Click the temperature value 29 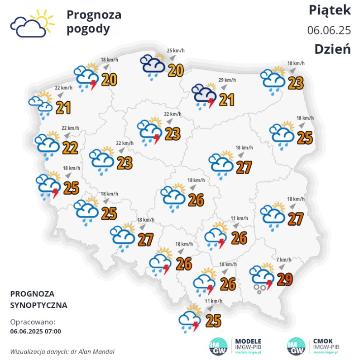(284, 280)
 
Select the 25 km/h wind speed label (176, 51)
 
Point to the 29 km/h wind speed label (228, 80)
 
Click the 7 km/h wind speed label (284, 260)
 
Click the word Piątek (329, 10)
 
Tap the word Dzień (333, 49)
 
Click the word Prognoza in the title (94, 15)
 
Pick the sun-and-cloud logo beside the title (32, 24)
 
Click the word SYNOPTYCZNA (39, 305)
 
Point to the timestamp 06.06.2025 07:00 (35, 331)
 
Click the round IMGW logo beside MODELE (219, 347)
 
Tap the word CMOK (324, 341)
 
